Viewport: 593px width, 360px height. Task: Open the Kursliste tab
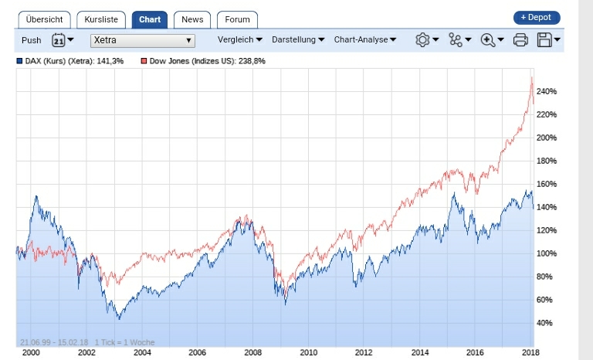click(x=101, y=19)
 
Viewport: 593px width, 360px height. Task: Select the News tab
click(x=191, y=19)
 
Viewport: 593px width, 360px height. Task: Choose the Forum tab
click(x=237, y=19)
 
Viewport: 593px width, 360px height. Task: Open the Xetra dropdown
click(x=143, y=40)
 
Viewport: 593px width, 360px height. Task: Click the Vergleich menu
click(x=240, y=39)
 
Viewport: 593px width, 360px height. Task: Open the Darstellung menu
click(x=298, y=39)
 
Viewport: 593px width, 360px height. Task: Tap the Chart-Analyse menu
click(x=365, y=39)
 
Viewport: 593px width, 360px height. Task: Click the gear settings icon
click(x=422, y=40)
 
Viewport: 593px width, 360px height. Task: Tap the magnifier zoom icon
click(x=488, y=40)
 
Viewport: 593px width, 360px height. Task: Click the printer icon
click(x=520, y=40)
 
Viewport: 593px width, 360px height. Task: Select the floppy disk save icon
click(x=544, y=40)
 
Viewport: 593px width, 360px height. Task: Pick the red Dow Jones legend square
click(x=144, y=60)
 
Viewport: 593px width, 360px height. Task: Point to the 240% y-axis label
click(x=546, y=91)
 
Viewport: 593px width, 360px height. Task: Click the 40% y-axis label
click(x=546, y=323)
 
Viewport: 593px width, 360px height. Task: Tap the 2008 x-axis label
click(x=253, y=352)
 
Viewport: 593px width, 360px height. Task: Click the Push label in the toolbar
click(x=32, y=40)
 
